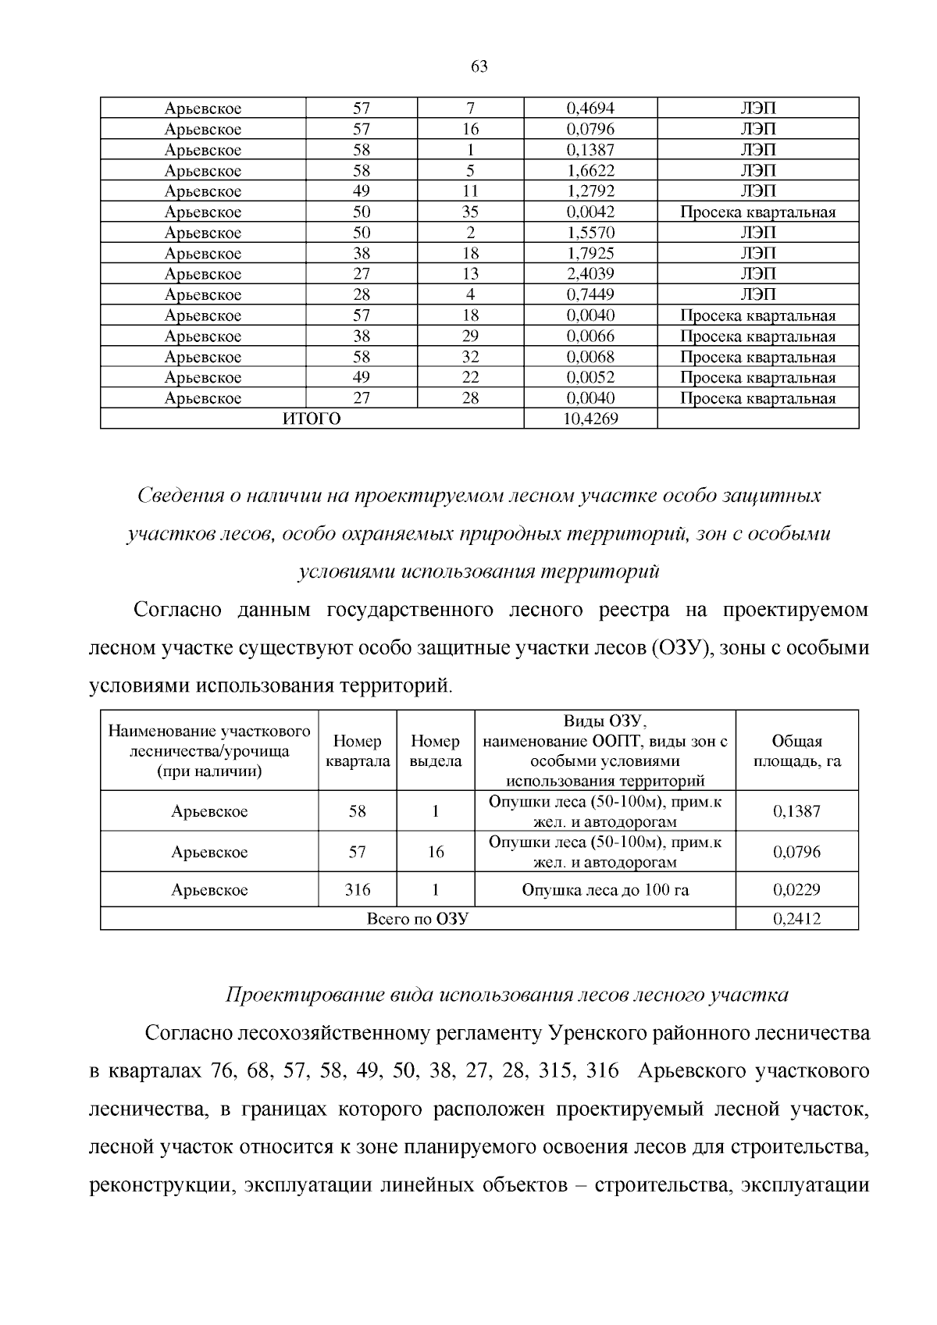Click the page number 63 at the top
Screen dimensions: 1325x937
coord(479,67)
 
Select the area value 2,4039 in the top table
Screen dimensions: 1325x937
coord(590,274)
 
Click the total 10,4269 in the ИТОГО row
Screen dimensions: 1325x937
coord(590,419)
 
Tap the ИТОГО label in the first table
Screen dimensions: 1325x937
coord(312,419)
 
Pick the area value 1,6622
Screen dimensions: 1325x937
coord(590,170)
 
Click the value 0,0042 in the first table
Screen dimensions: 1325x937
coord(590,212)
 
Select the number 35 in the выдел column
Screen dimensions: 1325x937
coord(470,212)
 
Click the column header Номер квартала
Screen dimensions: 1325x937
coord(357,751)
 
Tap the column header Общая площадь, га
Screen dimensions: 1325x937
coord(796,751)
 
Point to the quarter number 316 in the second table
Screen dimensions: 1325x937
coord(357,889)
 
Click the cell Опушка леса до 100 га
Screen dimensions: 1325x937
coord(604,889)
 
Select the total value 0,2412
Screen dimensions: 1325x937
coord(796,919)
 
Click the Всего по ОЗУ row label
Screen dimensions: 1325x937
coord(417,919)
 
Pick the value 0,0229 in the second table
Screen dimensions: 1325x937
coord(796,889)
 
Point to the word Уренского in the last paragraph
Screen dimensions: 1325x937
coord(594,1034)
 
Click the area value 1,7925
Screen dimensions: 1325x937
coord(590,253)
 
